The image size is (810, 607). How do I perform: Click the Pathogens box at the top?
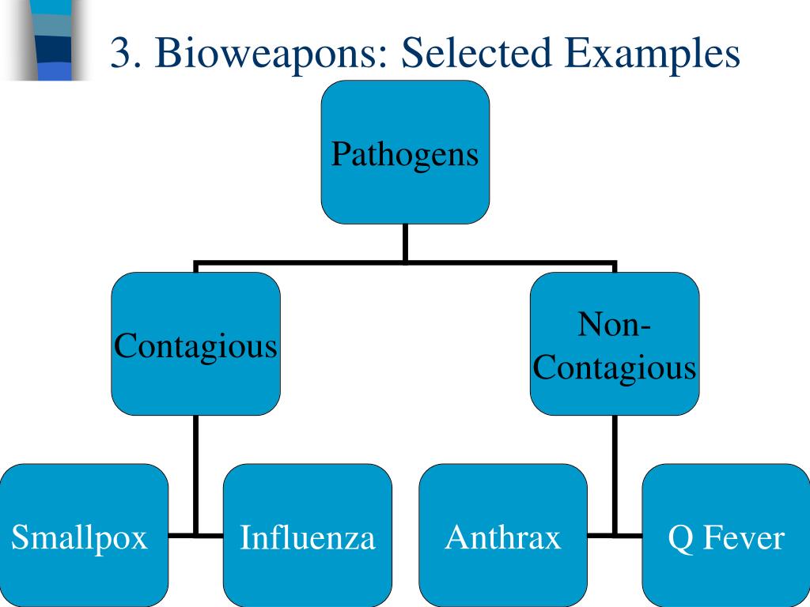406,153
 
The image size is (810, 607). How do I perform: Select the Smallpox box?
84,535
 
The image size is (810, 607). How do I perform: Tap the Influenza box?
308,535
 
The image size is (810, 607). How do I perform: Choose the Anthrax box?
503,535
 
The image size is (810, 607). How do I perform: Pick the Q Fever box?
726,535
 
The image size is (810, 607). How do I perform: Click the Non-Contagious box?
615,344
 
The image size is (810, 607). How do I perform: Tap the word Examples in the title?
652,54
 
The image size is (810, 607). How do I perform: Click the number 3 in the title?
119,53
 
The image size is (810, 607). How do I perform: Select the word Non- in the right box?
614,324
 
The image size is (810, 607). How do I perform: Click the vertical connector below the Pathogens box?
406,243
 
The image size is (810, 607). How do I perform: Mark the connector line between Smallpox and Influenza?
196,535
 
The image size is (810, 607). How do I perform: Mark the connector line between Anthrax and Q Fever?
615,535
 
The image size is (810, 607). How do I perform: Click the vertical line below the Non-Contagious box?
615,475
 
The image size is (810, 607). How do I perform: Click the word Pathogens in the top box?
405,154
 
